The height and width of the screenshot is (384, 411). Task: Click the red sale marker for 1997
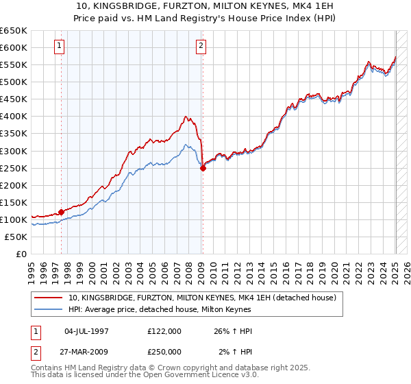(x=61, y=212)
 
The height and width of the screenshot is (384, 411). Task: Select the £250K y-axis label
(x=14, y=168)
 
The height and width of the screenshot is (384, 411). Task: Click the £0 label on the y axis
(x=21, y=254)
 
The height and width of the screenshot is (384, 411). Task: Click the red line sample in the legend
(x=48, y=298)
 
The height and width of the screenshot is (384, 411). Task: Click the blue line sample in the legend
(x=48, y=309)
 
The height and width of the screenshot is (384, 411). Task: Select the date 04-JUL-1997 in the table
(x=86, y=331)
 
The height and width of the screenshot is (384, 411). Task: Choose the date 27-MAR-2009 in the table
(x=86, y=352)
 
